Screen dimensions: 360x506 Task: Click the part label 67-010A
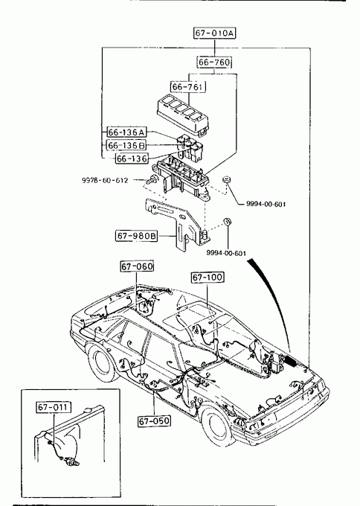(214, 33)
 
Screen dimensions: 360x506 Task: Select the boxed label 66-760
(214, 63)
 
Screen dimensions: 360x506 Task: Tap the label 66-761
(188, 86)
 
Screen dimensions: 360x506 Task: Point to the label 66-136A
(126, 132)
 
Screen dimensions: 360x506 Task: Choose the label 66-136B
(126, 145)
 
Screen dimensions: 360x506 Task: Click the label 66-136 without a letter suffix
(132, 158)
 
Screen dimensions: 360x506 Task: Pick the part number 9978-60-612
(105, 180)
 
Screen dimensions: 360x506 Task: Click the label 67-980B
(136, 236)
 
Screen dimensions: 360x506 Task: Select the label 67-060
(137, 266)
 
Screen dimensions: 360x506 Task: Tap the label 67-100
(208, 278)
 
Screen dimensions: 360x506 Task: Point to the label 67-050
(154, 421)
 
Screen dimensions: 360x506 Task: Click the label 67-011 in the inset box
(54, 407)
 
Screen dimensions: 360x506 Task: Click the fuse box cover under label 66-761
(183, 117)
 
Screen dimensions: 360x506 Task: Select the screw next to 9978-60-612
(151, 179)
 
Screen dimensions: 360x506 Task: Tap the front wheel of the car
(216, 426)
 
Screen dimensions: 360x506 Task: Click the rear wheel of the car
(102, 363)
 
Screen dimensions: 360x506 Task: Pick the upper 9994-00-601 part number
(266, 204)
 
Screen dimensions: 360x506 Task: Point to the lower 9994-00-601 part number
(226, 253)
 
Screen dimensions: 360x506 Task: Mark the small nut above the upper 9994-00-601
(227, 179)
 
